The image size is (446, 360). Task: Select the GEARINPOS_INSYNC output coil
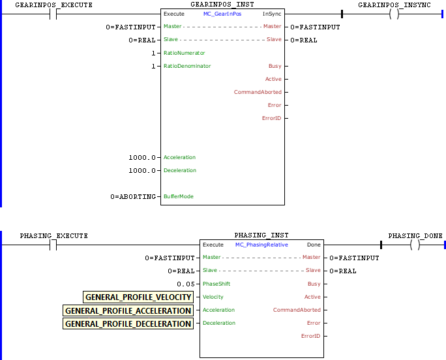click(x=394, y=14)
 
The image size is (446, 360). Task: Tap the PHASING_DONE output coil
click(x=415, y=245)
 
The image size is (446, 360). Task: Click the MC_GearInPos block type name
click(x=222, y=14)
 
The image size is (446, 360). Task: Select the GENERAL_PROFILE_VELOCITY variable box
click(x=138, y=297)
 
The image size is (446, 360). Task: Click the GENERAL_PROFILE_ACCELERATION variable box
click(x=128, y=310)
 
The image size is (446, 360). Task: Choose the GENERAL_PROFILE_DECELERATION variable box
click(x=128, y=323)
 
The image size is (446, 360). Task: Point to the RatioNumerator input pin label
click(x=184, y=53)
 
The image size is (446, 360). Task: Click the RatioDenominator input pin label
click(x=187, y=66)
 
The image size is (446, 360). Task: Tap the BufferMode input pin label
click(x=179, y=196)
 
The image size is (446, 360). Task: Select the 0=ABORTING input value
click(x=134, y=196)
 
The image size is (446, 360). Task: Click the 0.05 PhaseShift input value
click(x=185, y=284)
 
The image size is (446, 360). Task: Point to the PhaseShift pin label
click(x=216, y=284)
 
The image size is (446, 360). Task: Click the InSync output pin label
click(x=272, y=14)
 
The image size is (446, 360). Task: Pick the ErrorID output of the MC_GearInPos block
click(x=271, y=118)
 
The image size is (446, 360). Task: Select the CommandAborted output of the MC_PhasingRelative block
click(x=297, y=310)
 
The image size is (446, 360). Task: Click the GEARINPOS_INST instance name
click(x=222, y=5)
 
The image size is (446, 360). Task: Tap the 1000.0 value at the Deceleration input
click(x=143, y=170)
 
